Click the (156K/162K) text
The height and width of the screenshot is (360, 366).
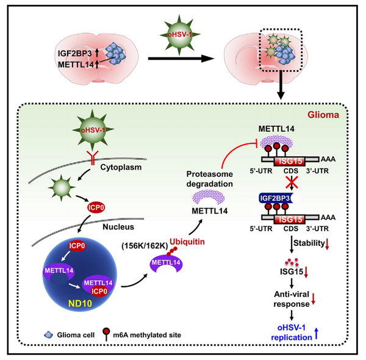137,247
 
